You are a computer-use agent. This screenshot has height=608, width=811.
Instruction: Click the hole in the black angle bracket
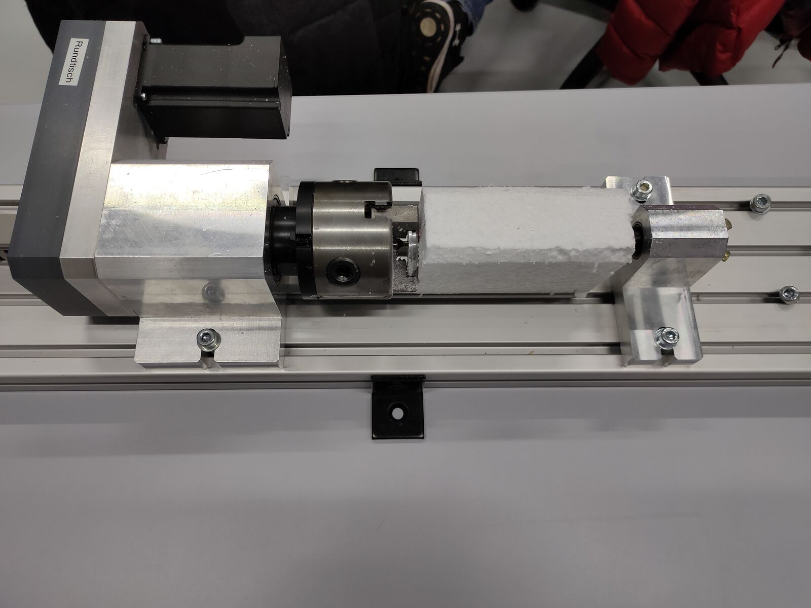point(397,413)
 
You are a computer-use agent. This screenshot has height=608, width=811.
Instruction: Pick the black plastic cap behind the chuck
point(398,176)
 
